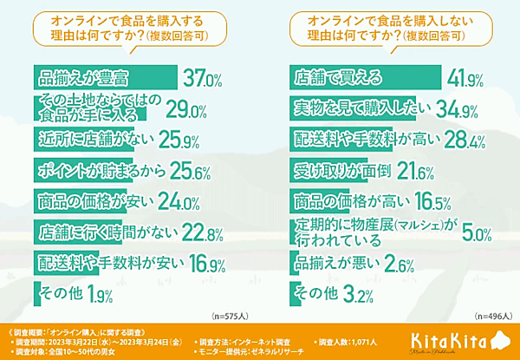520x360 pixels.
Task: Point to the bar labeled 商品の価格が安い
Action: (x=95, y=199)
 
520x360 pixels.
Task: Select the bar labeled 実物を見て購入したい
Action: (x=364, y=109)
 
